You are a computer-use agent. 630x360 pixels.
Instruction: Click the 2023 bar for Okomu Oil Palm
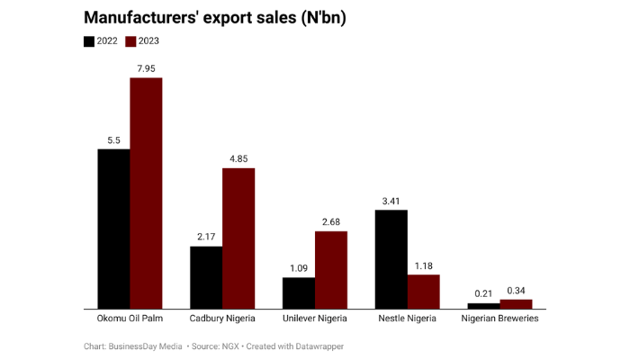(x=146, y=193)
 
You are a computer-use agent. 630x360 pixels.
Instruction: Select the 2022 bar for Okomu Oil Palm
(x=113, y=229)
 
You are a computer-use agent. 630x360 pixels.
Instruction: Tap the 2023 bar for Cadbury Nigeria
(x=238, y=238)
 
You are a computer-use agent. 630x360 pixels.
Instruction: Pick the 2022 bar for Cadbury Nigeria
(x=206, y=277)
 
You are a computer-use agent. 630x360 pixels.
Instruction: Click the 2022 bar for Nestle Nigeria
(x=391, y=259)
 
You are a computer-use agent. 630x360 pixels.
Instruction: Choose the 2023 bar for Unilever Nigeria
(x=330, y=270)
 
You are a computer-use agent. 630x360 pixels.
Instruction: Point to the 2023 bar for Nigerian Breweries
(x=516, y=304)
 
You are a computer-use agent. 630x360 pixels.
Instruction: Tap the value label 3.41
(x=391, y=200)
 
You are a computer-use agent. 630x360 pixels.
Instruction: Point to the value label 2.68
(x=330, y=220)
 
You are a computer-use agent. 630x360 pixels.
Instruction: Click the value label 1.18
(x=423, y=265)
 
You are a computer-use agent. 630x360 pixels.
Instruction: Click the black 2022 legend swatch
(x=89, y=40)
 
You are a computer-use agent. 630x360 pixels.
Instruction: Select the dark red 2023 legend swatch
(x=130, y=40)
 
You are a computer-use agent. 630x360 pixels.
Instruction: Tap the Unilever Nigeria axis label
(x=314, y=319)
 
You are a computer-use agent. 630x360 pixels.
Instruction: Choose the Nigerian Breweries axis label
(x=499, y=319)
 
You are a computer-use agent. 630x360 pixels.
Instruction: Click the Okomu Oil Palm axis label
(x=130, y=319)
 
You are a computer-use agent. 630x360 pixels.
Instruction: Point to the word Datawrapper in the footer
(x=319, y=346)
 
